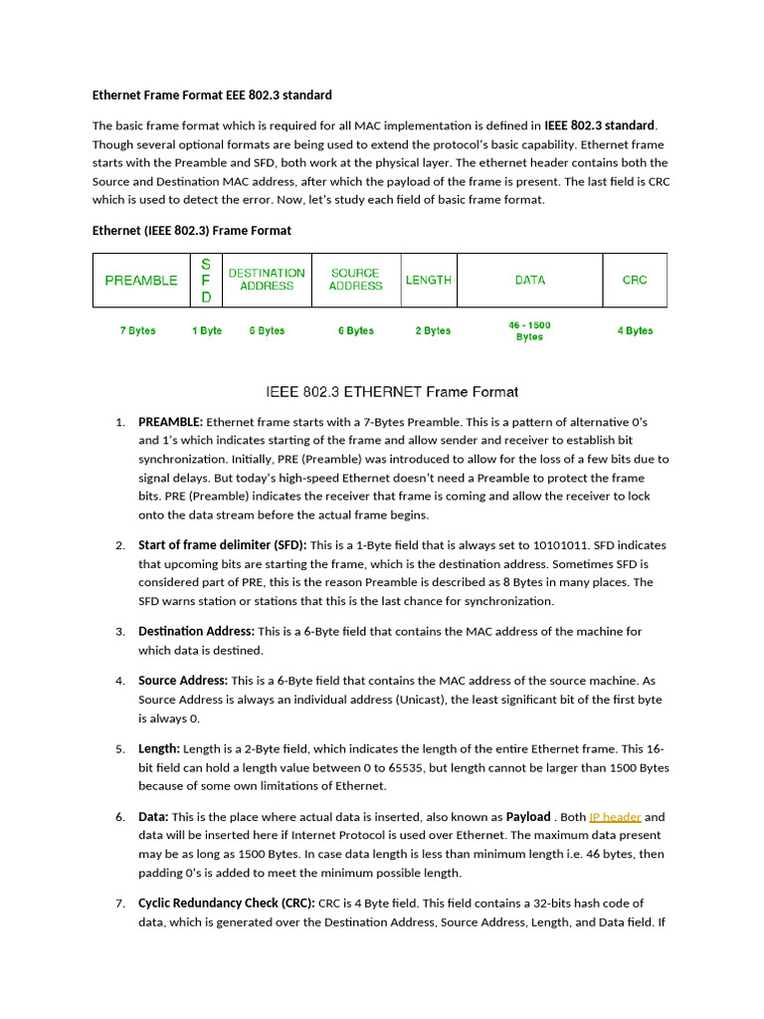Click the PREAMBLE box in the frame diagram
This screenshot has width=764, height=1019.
[141, 281]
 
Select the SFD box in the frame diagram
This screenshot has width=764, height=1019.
[206, 281]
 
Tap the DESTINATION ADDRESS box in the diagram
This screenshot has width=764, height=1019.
[267, 280]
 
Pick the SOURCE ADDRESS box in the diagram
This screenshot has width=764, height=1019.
[355, 280]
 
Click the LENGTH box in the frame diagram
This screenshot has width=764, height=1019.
[429, 281]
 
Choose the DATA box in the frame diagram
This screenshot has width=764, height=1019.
[530, 281]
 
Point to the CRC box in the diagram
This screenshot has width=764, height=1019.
[635, 281]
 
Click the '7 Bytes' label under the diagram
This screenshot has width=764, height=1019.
[137, 330]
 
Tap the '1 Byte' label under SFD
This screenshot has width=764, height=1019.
[207, 330]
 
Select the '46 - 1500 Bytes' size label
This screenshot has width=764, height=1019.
[529, 331]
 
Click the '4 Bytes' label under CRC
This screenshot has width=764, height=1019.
[635, 330]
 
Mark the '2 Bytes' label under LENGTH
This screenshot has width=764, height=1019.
[433, 330]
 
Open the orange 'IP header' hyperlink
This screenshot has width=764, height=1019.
[615, 817]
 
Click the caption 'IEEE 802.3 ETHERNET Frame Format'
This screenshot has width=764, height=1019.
[391, 392]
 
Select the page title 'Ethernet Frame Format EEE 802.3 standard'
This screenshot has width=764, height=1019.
[212, 96]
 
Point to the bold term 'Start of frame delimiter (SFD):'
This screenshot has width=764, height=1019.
[223, 545]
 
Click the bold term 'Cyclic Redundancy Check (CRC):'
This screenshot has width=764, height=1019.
[226, 904]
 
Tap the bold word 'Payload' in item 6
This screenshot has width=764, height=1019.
[527, 817]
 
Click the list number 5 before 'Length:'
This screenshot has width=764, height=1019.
[118, 749]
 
